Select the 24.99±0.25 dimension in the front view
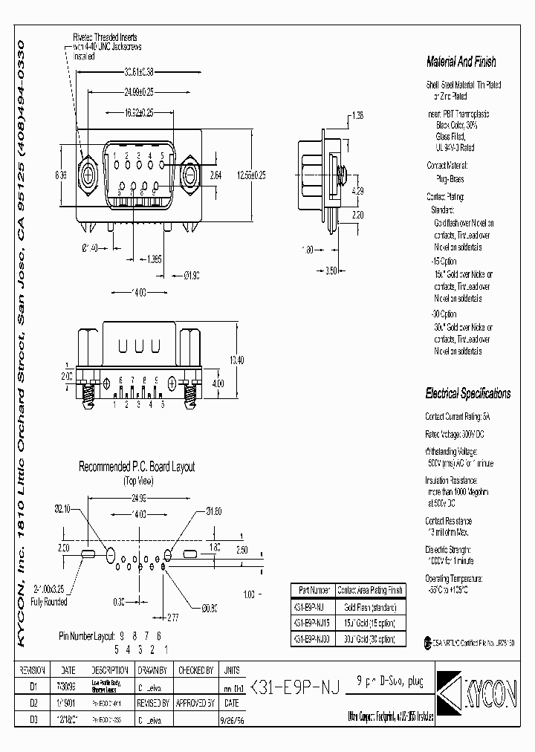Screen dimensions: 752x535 (x=139, y=92)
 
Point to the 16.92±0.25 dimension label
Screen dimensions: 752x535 (x=139, y=112)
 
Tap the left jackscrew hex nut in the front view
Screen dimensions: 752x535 (x=88, y=175)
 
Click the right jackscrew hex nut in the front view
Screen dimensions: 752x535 (x=190, y=175)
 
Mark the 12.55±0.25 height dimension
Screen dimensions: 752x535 (x=250, y=175)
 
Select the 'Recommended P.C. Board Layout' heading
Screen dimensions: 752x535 (x=137, y=467)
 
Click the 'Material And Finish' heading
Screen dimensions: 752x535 (x=461, y=62)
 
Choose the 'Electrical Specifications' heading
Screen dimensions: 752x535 (x=467, y=394)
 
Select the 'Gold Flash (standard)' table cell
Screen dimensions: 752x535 (x=368, y=606)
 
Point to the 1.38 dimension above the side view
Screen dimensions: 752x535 (x=357, y=116)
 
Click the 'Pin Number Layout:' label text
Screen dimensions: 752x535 (x=91, y=636)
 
